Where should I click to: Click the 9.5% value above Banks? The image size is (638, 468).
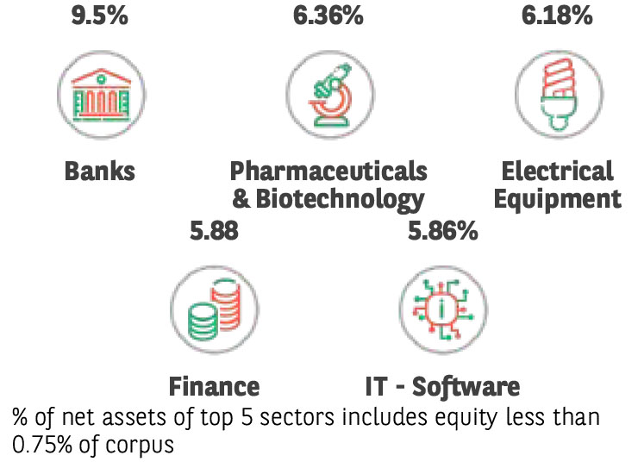pyautogui.click(x=99, y=15)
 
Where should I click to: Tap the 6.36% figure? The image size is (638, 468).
pyautogui.click(x=328, y=15)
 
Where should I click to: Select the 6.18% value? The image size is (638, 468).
pyautogui.click(x=558, y=15)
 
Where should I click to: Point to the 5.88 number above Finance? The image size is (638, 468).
pyautogui.click(x=213, y=230)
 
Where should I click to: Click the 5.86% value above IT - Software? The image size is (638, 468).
pyautogui.click(x=441, y=230)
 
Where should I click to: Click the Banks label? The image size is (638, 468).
pyautogui.click(x=100, y=171)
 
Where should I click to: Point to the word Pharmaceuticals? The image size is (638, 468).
pyautogui.click(x=328, y=171)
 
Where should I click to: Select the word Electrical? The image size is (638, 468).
pyautogui.click(x=558, y=171)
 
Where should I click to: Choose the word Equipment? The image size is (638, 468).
pyautogui.click(x=561, y=199)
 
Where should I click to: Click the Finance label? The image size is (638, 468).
pyautogui.click(x=214, y=385)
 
